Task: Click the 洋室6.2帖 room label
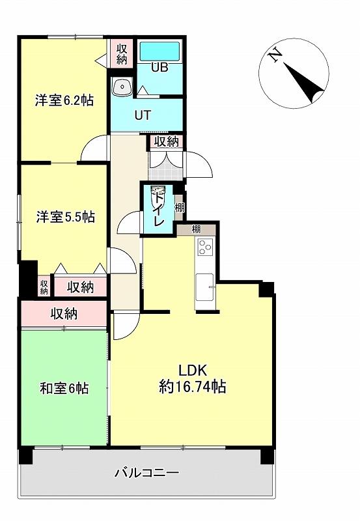64,100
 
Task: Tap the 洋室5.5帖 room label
65,217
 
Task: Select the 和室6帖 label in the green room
64,387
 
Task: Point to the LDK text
193,370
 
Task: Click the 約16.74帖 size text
193,386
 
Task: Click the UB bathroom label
159,68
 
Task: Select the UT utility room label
143,115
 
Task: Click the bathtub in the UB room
159,51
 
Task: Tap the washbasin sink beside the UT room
122,87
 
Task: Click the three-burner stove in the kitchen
206,247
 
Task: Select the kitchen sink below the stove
204,287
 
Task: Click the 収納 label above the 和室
64,313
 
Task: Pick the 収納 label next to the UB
122,54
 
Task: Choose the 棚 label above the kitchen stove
196,229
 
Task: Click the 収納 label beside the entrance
167,142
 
